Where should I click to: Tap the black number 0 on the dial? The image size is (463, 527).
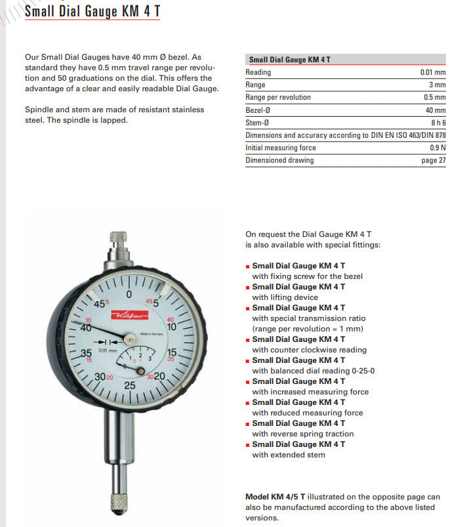pyautogui.click(x=129, y=293)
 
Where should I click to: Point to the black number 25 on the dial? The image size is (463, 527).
pyautogui.click(x=130, y=386)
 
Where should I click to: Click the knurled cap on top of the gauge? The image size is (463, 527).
pyautogui.click(x=119, y=238)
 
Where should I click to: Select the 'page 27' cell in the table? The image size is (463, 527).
pyautogui.click(x=433, y=160)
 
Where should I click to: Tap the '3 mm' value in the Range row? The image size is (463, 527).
pyautogui.click(x=437, y=85)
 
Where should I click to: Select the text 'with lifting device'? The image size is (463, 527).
pyautogui.click(x=285, y=297)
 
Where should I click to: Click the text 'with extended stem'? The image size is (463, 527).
pyautogui.click(x=289, y=455)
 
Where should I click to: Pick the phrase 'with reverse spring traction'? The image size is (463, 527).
pyautogui.click(x=302, y=434)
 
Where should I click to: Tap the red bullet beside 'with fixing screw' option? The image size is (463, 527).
pyautogui.click(x=247, y=266)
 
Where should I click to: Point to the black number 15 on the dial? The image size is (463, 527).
pyautogui.click(x=172, y=352)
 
